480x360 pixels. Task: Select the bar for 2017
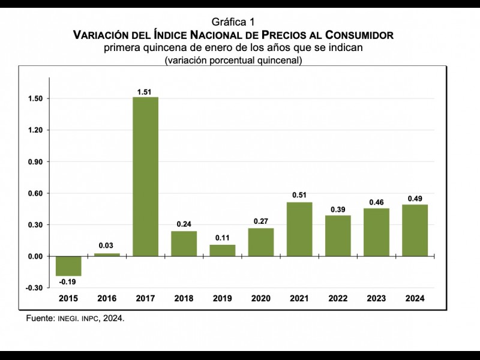tap(145, 176)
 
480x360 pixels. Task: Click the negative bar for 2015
tap(68, 266)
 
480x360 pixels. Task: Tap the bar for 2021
tap(299, 229)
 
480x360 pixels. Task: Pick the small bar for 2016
tap(107, 254)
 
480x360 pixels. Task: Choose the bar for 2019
tap(223, 250)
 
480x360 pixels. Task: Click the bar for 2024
tap(415, 230)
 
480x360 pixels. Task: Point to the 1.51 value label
tap(146, 92)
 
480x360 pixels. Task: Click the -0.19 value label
tap(68, 281)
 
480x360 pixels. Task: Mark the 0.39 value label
tap(338, 210)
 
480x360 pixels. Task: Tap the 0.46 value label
tap(376, 203)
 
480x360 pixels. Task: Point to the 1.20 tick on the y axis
tap(37, 130)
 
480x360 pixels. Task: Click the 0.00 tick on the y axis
tap(37, 256)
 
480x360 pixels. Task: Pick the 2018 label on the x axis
tap(184, 298)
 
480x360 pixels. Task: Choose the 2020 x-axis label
tap(261, 298)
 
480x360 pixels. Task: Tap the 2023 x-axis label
tap(376, 298)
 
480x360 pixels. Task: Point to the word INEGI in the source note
tap(69, 319)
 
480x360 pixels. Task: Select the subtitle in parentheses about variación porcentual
tap(233, 60)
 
